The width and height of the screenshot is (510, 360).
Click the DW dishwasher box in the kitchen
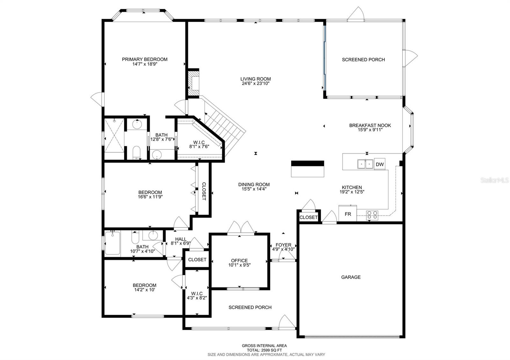[x=379, y=164]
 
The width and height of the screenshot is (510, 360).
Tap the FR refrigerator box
[x=348, y=214]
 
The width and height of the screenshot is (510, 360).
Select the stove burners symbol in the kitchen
[x=372, y=215]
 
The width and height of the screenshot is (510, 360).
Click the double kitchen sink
[x=365, y=164]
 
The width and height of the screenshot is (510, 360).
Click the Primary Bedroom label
[x=144, y=59]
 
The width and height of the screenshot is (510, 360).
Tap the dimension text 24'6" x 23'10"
[x=256, y=84]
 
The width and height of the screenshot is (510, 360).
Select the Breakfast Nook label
[x=370, y=125]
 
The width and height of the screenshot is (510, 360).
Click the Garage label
[x=351, y=277]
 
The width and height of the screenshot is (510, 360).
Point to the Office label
[x=239, y=261]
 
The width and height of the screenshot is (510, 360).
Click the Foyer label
[x=283, y=245]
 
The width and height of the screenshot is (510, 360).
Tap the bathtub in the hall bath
[x=112, y=243]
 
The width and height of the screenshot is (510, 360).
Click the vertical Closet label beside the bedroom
[x=204, y=191]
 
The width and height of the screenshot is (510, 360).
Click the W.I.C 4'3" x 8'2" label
[x=197, y=296]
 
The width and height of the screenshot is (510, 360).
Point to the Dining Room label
[x=254, y=184]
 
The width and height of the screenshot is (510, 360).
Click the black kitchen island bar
[x=308, y=163]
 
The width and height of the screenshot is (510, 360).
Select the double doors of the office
[x=241, y=228]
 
